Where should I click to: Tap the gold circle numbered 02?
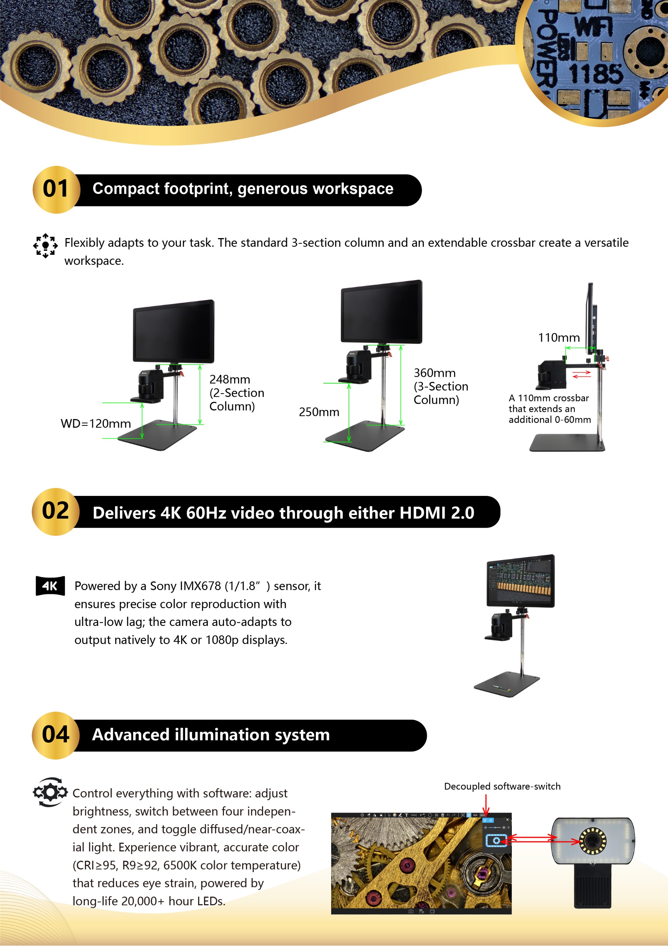[x=55, y=512]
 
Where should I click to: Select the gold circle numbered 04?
[x=55, y=735]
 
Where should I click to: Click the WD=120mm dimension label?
[x=96, y=424]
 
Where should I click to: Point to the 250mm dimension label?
[x=319, y=412]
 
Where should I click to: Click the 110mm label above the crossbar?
[x=559, y=338]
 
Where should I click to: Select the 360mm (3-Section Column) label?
[x=441, y=386]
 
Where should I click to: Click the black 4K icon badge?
[x=50, y=586]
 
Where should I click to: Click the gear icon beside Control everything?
[x=50, y=792]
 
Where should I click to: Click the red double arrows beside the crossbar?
[x=581, y=374]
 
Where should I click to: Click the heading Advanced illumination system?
[x=211, y=735]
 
